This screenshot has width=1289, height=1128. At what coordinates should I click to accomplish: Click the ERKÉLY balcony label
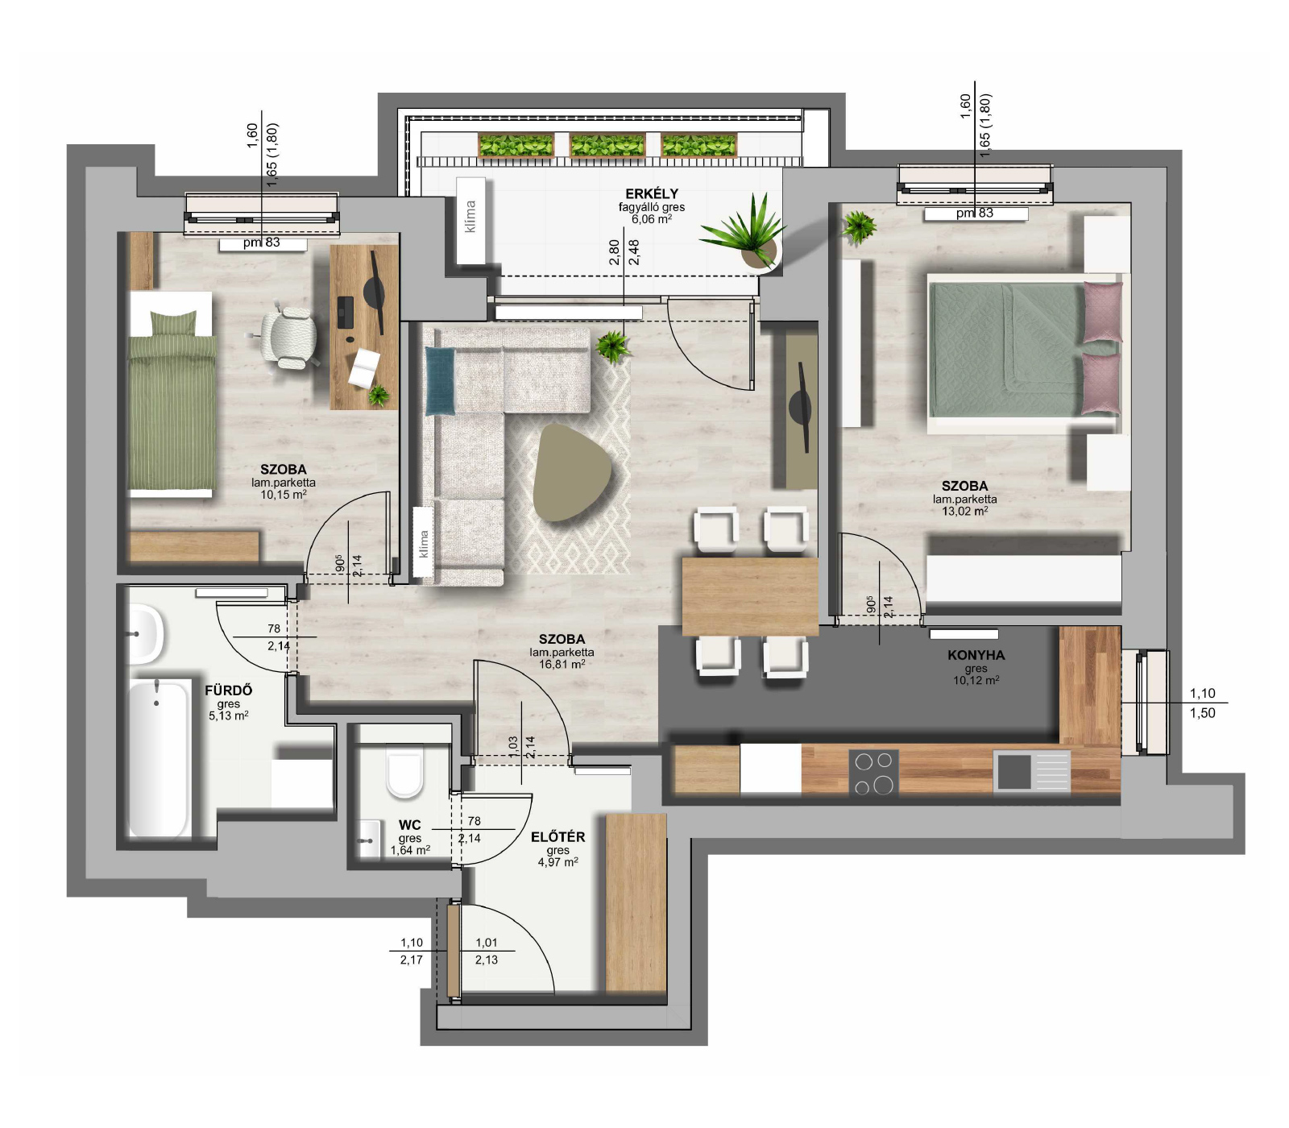point(652,193)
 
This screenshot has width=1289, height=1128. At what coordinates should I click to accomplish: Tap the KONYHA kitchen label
point(976,655)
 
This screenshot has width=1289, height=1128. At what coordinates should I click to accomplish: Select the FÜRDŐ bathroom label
point(229,690)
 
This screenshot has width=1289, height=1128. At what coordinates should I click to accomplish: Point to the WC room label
point(409,825)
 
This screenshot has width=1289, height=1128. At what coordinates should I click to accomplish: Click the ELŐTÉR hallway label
point(557,837)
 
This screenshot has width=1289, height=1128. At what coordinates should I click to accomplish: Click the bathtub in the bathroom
point(159,757)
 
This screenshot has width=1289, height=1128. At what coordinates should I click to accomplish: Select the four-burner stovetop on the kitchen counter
point(873,772)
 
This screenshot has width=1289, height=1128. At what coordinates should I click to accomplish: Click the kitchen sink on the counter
point(1032,771)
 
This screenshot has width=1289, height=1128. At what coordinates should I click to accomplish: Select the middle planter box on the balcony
point(607,145)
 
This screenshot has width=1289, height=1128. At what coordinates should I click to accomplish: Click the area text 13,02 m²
point(964,511)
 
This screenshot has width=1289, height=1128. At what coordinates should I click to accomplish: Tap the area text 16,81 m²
point(562,665)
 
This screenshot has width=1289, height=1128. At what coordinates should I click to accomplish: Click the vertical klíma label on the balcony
point(470,217)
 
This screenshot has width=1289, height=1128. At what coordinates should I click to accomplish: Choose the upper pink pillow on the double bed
point(1102,312)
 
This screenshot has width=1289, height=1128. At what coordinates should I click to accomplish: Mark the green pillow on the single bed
point(174,324)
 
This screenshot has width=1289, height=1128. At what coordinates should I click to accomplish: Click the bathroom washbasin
point(145,635)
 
